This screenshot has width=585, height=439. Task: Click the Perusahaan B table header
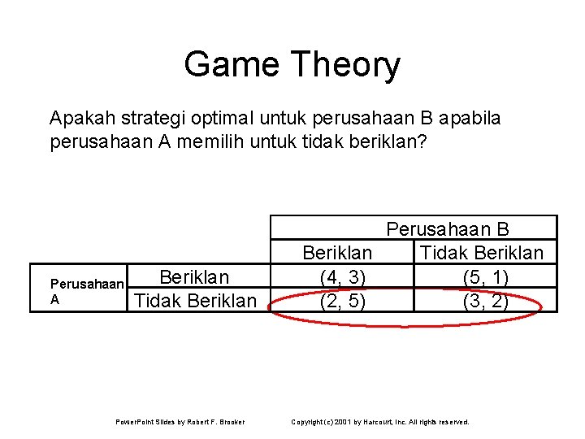448,229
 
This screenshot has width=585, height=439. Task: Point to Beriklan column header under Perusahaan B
337,253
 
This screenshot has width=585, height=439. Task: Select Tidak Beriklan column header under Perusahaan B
482,253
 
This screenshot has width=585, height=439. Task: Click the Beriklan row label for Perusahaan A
194,277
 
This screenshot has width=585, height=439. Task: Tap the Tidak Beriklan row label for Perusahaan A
195,301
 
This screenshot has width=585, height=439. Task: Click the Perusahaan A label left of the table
87,292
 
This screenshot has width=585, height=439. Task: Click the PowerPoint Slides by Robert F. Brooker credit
180,422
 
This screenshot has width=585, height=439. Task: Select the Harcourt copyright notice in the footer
380,422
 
